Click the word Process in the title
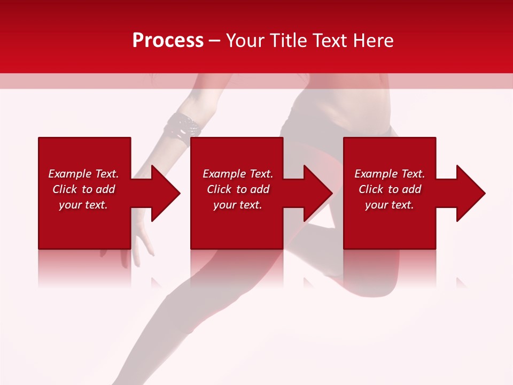click(x=168, y=40)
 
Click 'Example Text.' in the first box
click(x=83, y=174)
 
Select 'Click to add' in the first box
click(x=83, y=189)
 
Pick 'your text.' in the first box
click(x=83, y=205)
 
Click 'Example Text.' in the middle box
click(x=238, y=174)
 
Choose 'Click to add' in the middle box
click(x=238, y=189)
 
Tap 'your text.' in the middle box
click(x=238, y=205)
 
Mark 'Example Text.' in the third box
click(x=390, y=174)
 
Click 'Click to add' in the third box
click(x=390, y=189)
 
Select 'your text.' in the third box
click(x=390, y=205)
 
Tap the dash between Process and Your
click(x=215, y=41)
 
